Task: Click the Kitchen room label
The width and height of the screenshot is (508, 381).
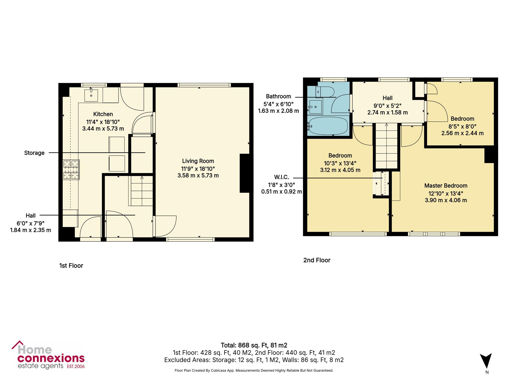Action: point(103,114)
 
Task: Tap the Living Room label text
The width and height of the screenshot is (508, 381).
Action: point(198,161)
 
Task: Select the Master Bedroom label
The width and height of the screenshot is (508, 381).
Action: point(446,185)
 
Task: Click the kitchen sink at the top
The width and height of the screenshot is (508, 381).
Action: point(91,94)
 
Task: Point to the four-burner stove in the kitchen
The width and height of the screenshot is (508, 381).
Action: point(71,170)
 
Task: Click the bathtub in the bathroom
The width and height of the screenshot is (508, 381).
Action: point(327,125)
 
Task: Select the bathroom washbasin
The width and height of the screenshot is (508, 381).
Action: point(315,107)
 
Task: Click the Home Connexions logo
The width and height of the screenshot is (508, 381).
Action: point(48,355)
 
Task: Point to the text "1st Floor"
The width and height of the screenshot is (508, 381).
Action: point(71,265)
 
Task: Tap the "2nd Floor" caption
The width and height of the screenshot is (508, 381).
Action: point(317,260)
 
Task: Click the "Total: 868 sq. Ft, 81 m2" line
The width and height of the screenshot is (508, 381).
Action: point(254,345)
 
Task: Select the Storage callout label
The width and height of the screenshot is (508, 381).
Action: point(34,153)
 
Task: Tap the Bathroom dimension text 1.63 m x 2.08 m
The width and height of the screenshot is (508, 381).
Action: point(278,111)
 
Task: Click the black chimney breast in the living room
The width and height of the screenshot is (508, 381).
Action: point(245,173)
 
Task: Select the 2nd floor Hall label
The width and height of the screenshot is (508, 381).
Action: point(388,98)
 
